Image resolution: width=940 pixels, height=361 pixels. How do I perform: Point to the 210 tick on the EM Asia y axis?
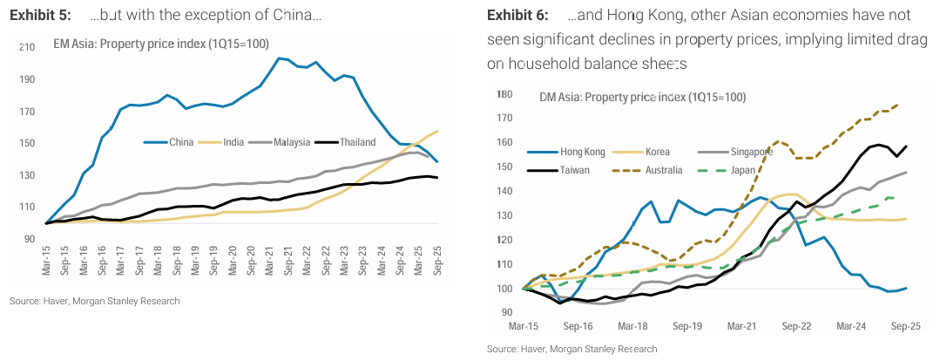pyautogui.click(x=26, y=46)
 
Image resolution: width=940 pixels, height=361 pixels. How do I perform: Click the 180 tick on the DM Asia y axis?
pyautogui.click(x=504, y=94)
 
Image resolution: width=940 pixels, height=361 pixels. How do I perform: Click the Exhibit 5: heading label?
pyautogui.click(x=40, y=16)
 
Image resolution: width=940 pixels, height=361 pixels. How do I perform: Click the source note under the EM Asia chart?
pyautogui.click(x=94, y=302)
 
